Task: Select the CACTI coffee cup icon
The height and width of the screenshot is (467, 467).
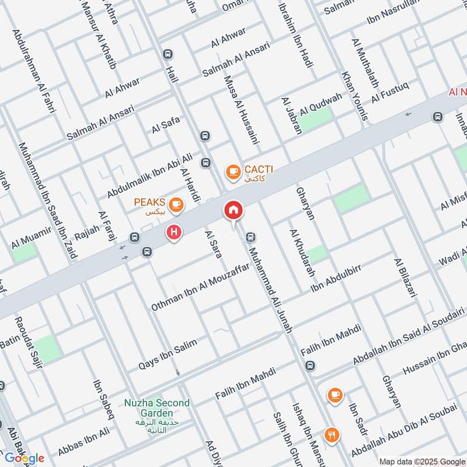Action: click(x=233, y=172)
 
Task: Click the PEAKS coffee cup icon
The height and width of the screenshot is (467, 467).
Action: click(x=175, y=204)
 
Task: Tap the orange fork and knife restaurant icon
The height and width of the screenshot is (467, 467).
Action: click(x=332, y=434)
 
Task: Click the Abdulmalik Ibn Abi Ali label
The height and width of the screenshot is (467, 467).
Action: click(x=149, y=175)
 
